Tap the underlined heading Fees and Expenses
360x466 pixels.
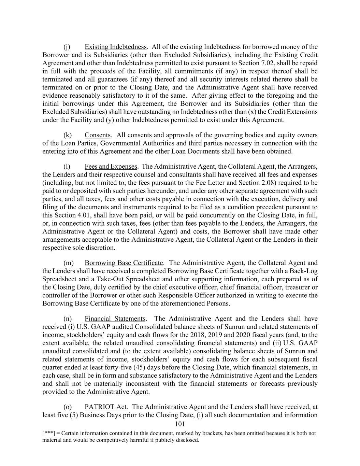[111, 167]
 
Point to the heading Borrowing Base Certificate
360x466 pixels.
[124, 263]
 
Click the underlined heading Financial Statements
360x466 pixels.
[115, 319]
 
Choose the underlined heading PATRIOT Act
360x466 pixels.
[105, 407]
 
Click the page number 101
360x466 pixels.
[179, 424]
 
